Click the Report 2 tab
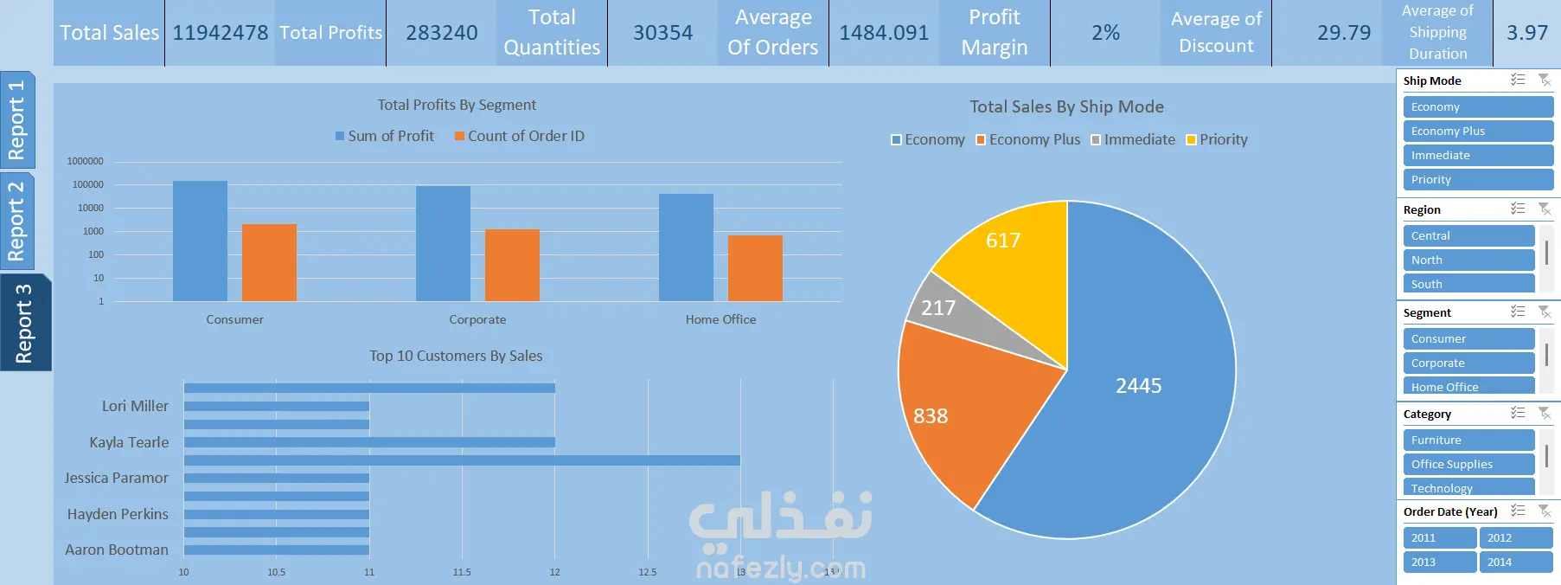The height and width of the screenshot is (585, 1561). [x=17, y=222]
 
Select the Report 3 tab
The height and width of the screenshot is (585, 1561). [x=24, y=323]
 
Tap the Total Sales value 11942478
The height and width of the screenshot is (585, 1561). [x=221, y=33]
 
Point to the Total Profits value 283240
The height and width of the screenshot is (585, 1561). [x=442, y=33]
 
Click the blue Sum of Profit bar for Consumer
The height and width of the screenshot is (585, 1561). [x=200, y=241]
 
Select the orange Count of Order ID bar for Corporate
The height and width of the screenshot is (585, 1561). [x=512, y=265]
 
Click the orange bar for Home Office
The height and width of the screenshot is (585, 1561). [x=755, y=268]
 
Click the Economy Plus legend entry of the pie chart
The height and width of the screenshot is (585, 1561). [x=1028, y=139]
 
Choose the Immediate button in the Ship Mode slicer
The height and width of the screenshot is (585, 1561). [x=1478, y=155]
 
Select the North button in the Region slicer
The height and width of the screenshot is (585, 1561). [x=1468, y=260]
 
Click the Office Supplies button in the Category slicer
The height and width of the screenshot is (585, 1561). [x=1468, y=464]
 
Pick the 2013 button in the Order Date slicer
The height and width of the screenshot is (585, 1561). [x=1440, y=562]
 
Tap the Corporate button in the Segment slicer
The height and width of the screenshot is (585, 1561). [x=1468, y=363]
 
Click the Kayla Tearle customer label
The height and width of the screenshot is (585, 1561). [x=129, y=442]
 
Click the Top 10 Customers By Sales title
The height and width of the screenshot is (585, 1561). [x=456, y=356]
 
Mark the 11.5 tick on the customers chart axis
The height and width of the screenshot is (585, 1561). [x=462, y=572]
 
